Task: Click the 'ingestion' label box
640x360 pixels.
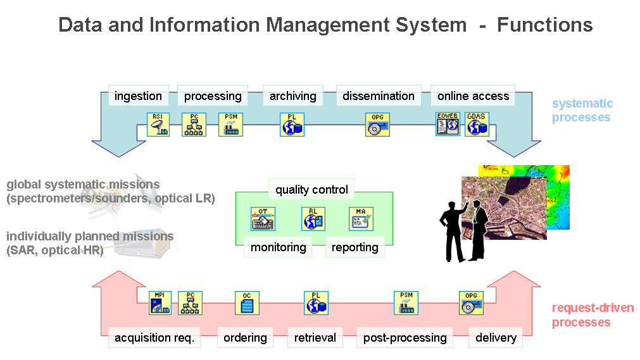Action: [x=138, y=96]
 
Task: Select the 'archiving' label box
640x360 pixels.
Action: [x=292, y=96]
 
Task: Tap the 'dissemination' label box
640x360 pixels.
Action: [x=379, y=96]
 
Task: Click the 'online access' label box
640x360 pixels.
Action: [x=473, y=96]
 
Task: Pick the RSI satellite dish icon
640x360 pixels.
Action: [x=159, y=125]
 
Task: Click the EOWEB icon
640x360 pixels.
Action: [x=448, y=125]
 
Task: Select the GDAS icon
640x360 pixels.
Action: [x=477, y=125]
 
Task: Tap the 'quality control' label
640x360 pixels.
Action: [x=311, y=189]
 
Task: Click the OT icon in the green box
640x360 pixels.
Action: [x=263, y=219]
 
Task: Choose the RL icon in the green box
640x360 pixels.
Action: [x=313, y=219]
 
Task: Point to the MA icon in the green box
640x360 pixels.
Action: [x=361, y=219]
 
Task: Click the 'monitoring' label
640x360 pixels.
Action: [x=278, y=247]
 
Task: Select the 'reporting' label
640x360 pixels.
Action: [x=355, y=247]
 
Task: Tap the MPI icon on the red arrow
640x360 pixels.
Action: [x=160, y=303]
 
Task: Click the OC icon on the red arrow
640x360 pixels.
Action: [x=247, y=303]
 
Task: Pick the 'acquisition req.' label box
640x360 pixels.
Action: [x=154, y=338]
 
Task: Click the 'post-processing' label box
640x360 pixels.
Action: [x=405, y=338]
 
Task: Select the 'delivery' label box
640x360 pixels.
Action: [x=496, y=338]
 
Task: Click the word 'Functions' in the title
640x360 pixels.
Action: [x=544, y=25]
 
